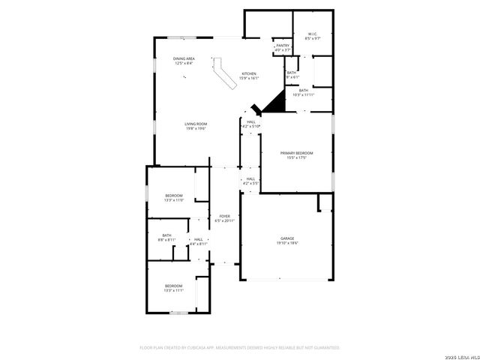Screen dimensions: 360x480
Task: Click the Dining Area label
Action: point(184,58)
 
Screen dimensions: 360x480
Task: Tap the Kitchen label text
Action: point(249,73)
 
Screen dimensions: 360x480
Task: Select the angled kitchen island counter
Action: point(225,73)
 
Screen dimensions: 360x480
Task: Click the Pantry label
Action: point(282,46)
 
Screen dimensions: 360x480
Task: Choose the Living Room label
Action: point(196,124)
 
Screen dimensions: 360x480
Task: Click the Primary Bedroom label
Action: point(297,153)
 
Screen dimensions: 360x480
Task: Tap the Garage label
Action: point(287,238)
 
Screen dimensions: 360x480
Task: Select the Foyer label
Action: point(224,216)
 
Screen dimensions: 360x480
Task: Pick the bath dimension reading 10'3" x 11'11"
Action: point(303,94)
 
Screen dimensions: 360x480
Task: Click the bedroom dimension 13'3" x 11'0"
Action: point(174,199)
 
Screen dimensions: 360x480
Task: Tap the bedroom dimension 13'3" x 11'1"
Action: point(174,289)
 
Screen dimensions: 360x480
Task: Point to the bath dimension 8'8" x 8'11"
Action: point(166,239)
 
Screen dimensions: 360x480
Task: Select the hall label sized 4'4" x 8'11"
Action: point(198,244)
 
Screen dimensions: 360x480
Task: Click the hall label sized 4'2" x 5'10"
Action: point(251,126)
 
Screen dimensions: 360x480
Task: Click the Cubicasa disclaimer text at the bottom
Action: point(240,348)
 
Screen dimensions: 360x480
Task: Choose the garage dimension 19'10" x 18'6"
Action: point(287,243)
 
